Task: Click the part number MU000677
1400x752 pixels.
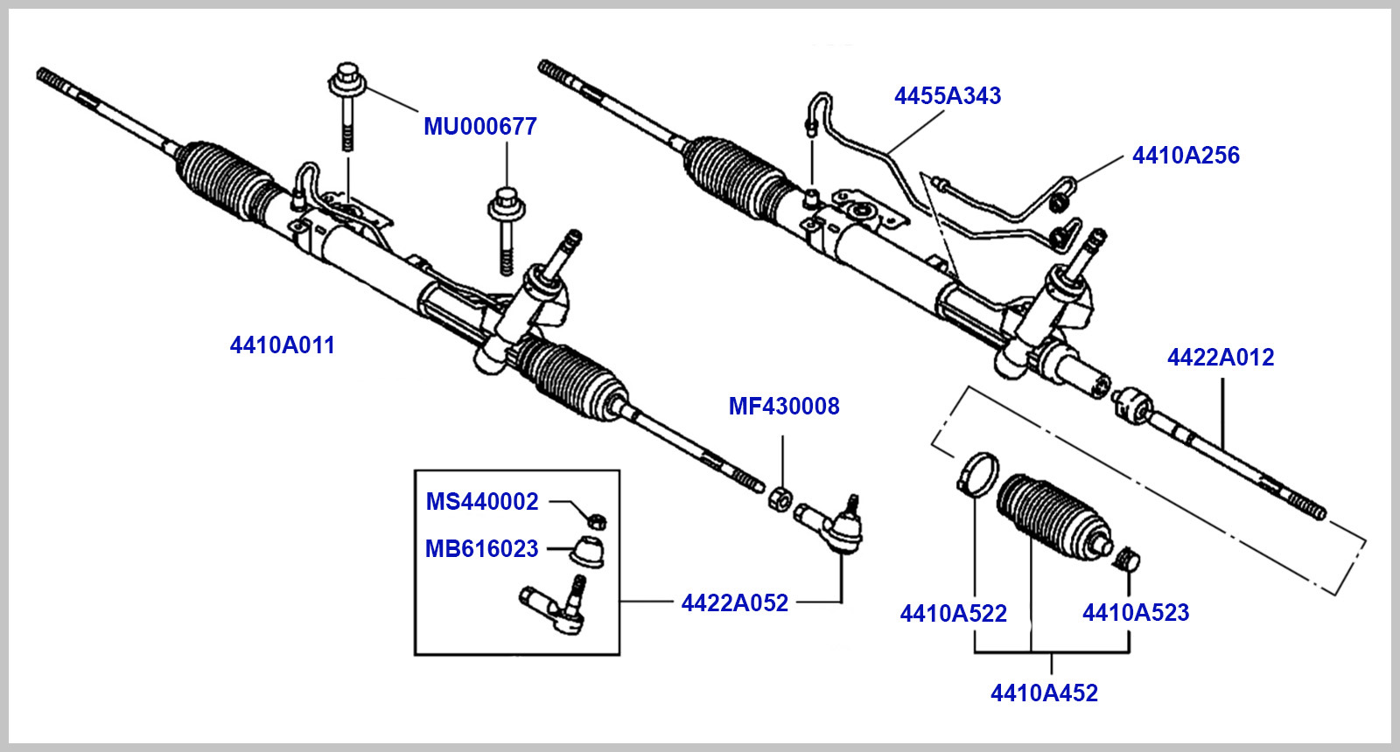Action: coord(479,127)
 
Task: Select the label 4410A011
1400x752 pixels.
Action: coord(282,345)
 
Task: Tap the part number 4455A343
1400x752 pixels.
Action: coord(947,96)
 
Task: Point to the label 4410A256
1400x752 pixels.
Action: coord(1186,156)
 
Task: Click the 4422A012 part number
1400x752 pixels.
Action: coord(1220,358)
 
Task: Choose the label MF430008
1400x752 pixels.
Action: coord(783,407)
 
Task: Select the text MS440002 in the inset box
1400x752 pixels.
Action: coord(481,502)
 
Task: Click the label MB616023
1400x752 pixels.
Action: coord(481,549)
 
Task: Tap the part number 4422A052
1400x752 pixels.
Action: coord(734,603)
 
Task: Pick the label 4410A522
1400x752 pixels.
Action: coord(953,614)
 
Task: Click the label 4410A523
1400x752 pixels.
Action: coord(1136,613)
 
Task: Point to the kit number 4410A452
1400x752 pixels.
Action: coord(1044,693)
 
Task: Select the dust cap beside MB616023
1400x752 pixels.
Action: coord(587,550)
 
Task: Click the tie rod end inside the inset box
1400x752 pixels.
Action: coord(556,608)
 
